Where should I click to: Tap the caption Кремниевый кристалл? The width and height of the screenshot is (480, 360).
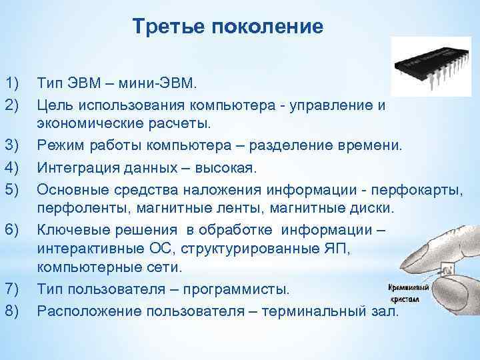pyautogui.click(x=409, y=293)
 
